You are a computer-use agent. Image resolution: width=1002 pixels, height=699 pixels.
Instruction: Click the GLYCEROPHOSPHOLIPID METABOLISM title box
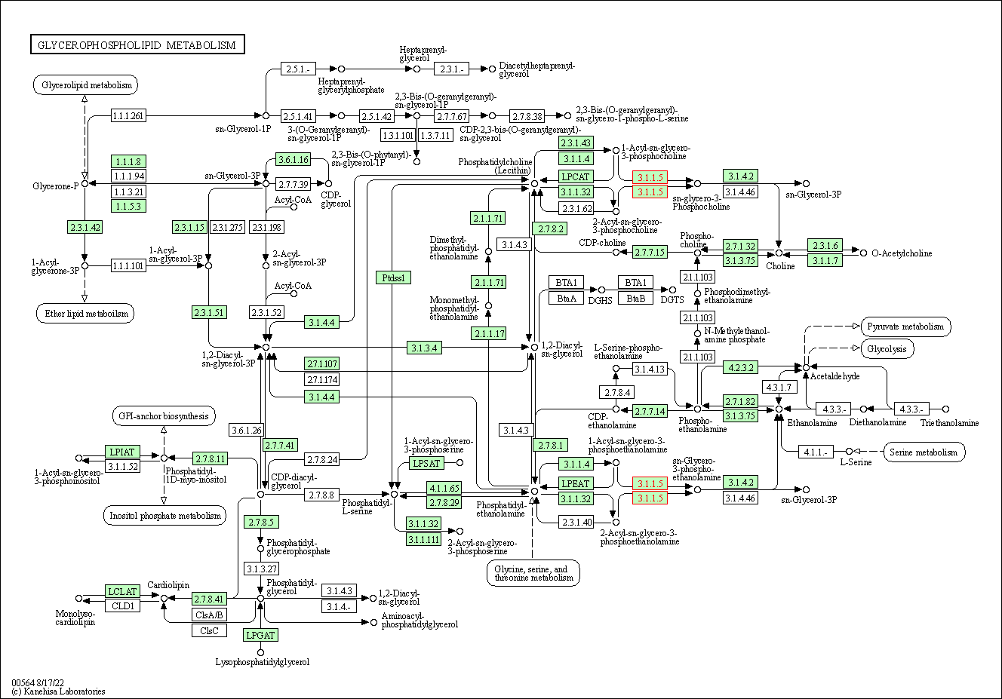137,44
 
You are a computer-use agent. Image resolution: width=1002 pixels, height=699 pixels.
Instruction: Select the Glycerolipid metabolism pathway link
85,85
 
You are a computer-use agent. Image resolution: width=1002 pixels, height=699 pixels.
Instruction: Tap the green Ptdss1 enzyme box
393,277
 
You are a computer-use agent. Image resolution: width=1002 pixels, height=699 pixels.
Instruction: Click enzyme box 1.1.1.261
128,116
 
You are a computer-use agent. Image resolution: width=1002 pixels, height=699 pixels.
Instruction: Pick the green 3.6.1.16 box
293,159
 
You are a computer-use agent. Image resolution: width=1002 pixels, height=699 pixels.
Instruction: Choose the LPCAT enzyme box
576,176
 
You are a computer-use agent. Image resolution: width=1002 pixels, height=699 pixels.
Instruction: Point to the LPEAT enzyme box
576,483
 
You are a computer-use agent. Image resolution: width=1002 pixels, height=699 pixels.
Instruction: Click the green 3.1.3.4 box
424,348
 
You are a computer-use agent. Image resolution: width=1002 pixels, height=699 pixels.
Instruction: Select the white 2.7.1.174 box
322,379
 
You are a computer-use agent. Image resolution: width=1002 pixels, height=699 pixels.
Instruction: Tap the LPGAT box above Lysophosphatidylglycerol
260,635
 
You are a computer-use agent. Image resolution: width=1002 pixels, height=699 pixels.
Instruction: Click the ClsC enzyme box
209,630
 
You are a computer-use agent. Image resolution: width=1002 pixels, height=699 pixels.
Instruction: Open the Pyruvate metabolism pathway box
906,327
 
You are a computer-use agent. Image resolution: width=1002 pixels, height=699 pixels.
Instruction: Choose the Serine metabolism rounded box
924,452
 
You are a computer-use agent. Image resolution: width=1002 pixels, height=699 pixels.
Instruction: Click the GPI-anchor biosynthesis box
164,415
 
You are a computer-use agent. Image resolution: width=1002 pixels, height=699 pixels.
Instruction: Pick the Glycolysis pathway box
887,348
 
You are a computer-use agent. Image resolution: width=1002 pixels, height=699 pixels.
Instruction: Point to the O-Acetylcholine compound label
902,253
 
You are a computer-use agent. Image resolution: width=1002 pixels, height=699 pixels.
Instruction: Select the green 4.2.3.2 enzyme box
741,367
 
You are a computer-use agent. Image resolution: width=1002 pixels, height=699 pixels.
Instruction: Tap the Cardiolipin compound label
168,584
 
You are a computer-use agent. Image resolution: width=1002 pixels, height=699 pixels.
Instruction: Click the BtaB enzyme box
635,298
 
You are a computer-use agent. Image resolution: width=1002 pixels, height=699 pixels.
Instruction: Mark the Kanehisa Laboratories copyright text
59,691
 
